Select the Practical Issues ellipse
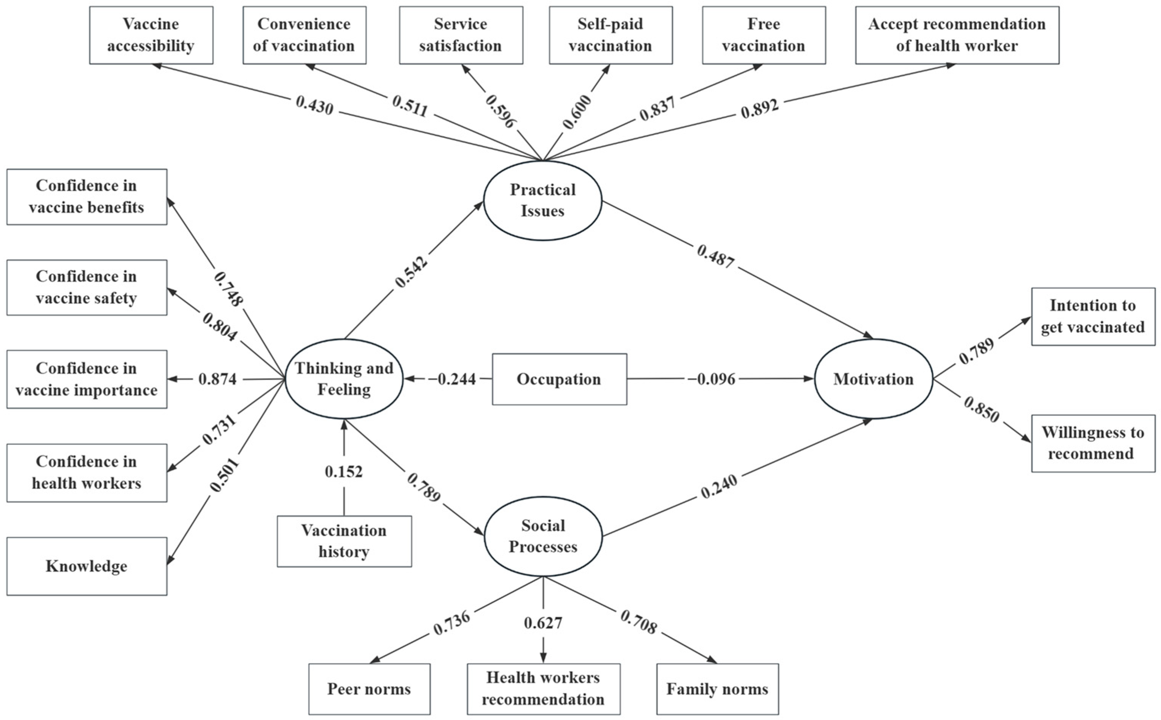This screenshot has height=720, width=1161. pos(542,201)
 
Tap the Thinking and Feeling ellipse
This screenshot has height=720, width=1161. pos(344,379)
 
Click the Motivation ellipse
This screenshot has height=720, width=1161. pos(873,379)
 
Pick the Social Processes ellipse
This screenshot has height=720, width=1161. pos(543,536)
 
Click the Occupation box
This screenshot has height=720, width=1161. pos(559,379)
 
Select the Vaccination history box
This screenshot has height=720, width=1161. pos(344,542)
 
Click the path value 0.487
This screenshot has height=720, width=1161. pos(716,256)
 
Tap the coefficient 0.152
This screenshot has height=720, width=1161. pos(344,472)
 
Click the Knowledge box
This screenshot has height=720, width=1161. pos(87,566)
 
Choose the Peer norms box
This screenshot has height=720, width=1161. pos(369,689)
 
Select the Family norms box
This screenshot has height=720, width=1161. pos(717,689)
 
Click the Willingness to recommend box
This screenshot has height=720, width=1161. pos(1093,443)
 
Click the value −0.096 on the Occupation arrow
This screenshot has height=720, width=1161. pos(711,379)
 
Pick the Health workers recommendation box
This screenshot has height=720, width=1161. pos(543,689)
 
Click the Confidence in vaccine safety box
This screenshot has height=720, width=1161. pos(87,287)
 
